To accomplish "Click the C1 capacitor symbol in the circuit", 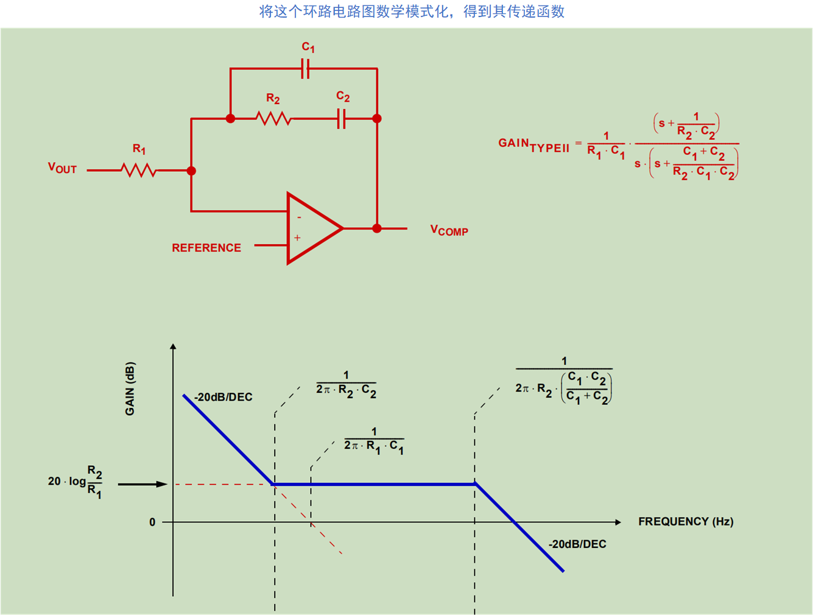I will tap(306, 69).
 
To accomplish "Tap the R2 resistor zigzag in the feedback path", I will tap(273, 119).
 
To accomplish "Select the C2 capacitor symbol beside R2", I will tap(342, 119).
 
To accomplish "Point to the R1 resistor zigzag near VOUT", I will tap(139, 170).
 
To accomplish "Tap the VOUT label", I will tap(62, 168).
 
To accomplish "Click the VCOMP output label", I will tap(449, 230).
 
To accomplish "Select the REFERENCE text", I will tap(206, 248).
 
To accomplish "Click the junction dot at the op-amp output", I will tap(377, 228).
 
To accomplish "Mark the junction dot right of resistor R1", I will tap(191, 171).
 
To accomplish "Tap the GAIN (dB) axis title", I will tap(130, 388).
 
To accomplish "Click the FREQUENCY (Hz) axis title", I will tap(686, 522).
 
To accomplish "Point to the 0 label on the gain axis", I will tap(152, 522).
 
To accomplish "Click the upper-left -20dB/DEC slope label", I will tap(223, 397).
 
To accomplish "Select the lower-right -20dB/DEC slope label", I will tap(577, 544).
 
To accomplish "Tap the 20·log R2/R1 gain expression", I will tap(76, 482).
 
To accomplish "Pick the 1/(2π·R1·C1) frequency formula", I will tap(374, 441).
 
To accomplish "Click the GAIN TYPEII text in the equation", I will tap(533, 145).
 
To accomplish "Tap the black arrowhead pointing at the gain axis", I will tap(161, 484).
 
